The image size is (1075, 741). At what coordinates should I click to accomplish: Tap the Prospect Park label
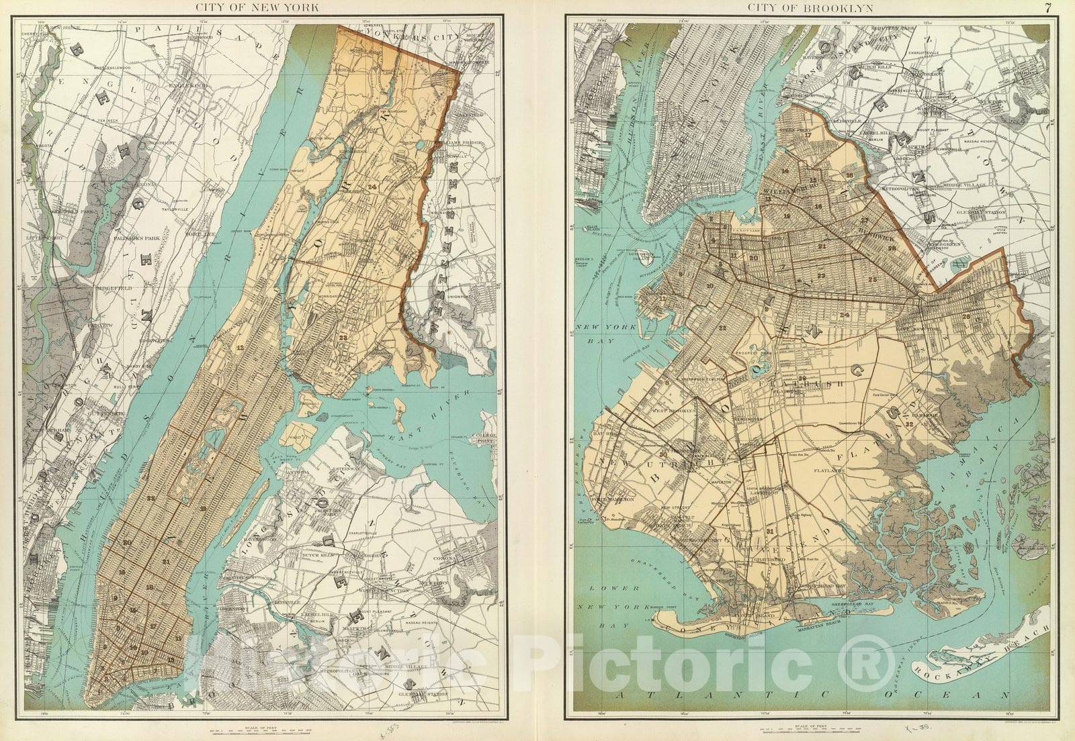[x=779, y=352]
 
